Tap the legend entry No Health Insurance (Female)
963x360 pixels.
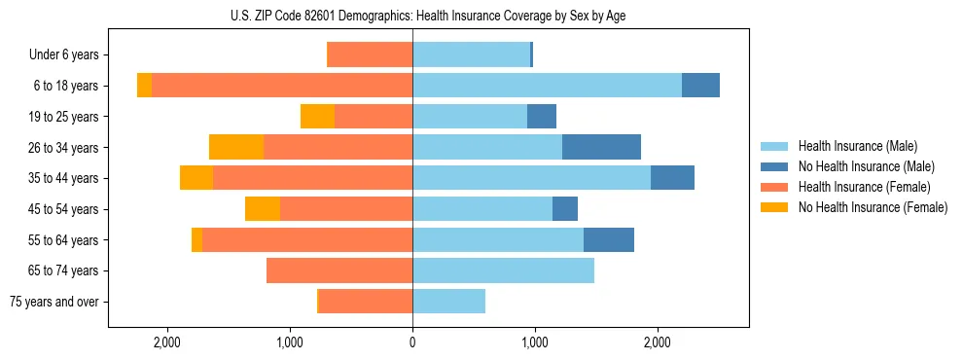[872, 207]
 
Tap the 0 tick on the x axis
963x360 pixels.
[412, 342]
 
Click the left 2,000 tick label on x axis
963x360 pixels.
[167, 342]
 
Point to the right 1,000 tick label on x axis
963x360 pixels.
[535, 342]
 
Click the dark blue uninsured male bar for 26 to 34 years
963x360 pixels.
[601, 147]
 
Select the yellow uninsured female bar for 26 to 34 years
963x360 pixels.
[236, 147]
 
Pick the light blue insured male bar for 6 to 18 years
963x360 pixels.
[547, 86]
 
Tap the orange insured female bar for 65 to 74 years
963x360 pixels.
[339, 270]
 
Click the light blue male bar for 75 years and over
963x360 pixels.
[448, 302]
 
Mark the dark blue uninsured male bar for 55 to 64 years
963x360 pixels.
[609, 239]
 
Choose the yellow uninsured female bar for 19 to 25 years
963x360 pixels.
[317, 117]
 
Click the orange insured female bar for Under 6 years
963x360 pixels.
[370, 54]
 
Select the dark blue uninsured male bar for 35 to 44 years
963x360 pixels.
[672, 178]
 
